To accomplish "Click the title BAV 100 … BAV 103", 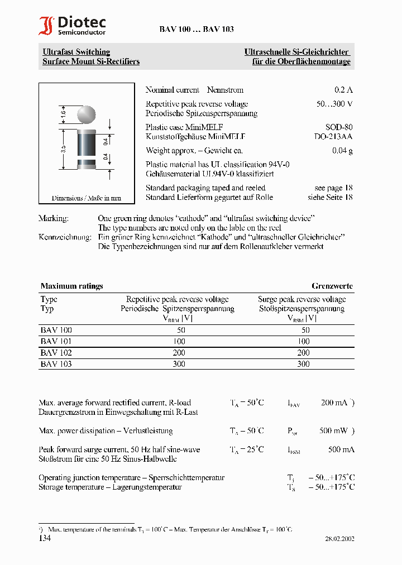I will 189,29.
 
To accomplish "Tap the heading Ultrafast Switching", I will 76,52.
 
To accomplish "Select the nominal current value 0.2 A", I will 343,90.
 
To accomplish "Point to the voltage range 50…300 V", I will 334,104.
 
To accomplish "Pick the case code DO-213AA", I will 333,136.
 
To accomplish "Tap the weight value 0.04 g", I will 342,151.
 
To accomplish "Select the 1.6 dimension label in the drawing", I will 64,113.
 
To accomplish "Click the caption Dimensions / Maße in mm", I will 86,198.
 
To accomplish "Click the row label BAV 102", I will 56,353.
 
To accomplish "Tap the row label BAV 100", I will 56,330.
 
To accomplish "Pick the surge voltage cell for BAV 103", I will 303,364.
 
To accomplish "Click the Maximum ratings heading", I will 71,286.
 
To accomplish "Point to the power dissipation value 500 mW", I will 334,431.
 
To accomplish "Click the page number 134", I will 45,538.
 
